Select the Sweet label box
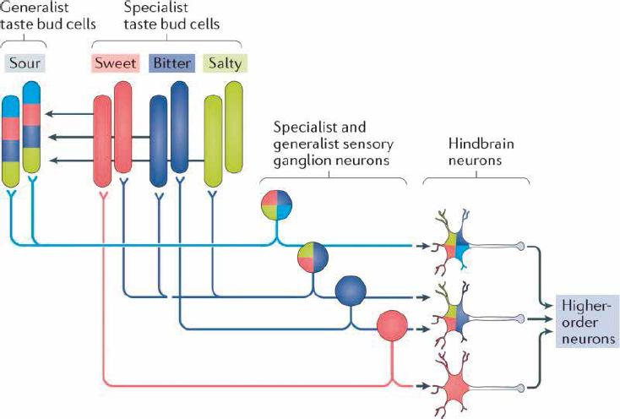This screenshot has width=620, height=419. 117,63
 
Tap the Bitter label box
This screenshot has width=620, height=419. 171,63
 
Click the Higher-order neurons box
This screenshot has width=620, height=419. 586,321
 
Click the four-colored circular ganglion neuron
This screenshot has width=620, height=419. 277,207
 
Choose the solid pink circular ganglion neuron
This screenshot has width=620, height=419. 391,328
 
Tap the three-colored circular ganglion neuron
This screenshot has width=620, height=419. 313,258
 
